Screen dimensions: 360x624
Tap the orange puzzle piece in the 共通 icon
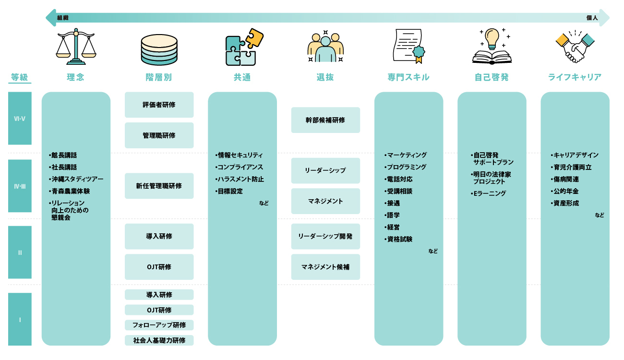click(254, 37)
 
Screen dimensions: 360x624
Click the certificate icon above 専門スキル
click(408, 46)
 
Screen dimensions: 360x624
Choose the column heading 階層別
click(159, 77)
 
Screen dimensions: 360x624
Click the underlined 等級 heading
click(20, 77)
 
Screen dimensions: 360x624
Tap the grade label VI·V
click(20, 118)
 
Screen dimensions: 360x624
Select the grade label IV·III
click(20, 186)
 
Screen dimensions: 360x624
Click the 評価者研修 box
click(159, 105)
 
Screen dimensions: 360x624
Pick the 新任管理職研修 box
click(159, 186)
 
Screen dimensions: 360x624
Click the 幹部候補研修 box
click(325, 120)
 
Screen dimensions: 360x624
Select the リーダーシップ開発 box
click(325, 236)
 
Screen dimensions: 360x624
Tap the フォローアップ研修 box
click(159, 325)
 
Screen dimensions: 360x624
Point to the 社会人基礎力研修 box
click(159, 340)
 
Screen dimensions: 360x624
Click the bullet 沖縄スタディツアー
click(77, 179)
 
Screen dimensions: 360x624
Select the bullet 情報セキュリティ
click(240, 155)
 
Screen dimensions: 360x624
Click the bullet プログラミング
click(407, 167)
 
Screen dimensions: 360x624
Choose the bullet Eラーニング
click(490, 193)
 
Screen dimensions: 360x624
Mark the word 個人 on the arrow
click(592, 18)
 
